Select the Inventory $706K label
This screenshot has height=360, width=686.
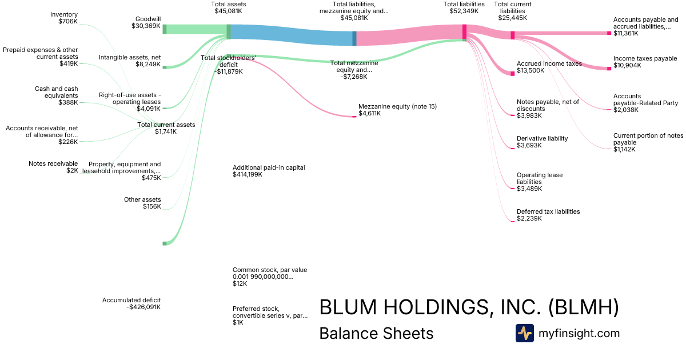point(63,18)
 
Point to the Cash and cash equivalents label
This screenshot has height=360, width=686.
point(56,92)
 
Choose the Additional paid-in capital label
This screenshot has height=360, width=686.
point(269,167)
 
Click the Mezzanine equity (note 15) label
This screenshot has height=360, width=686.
point(397,106)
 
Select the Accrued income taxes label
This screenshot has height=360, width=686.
point(549,63)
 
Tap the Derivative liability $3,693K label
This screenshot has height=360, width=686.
point(542,142)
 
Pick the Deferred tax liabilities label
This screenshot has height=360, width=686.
point(548,211)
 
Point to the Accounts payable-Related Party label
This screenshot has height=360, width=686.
point(645,103)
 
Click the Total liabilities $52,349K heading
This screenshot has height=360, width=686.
point(464,7)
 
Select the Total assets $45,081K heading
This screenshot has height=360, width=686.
point(228,7)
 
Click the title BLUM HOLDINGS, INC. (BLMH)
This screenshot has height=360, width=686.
point(469,307)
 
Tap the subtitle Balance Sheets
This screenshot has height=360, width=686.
point(376,333)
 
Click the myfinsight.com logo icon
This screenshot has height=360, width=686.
point(524,333)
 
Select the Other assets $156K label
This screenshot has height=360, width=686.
point(142,203)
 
